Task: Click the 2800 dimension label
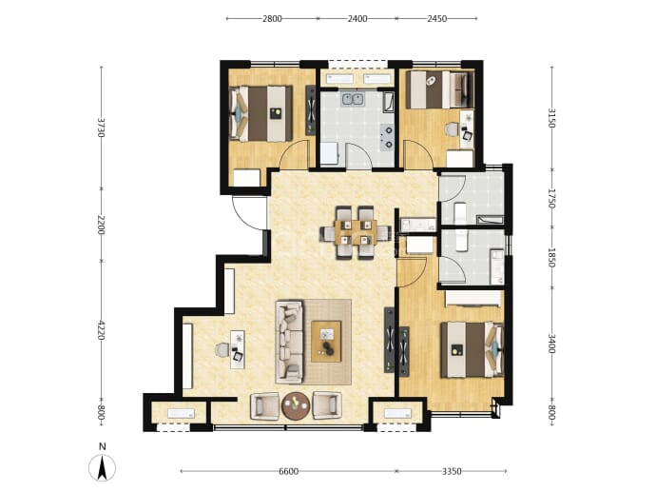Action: click(272, 18)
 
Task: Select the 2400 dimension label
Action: click(357, 18)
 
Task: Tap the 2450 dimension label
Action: click(436, 18)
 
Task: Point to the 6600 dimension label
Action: click(288, 471)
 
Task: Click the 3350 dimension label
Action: click(452, 471)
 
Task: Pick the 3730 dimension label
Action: click(101, 128)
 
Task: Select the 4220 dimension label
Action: click(101, 330)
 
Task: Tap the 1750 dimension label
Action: click(551, 199)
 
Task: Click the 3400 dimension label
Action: click(551, 344)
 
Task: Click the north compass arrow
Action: click(102, 467)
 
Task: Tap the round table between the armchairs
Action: click(296, 405)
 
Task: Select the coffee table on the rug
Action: click(326, 341)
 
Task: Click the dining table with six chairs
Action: click(356, 232)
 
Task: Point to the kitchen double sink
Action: click(353, 100)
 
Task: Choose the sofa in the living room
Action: click(289, 341)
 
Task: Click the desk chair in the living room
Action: click(222, 350)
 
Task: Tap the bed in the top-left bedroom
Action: click(260, 113)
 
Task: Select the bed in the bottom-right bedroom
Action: click(472, 349)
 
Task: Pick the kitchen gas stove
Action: click(387, 137)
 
